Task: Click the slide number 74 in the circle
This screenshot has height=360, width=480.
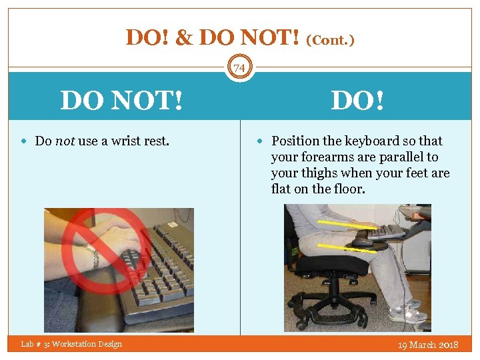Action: [239, 68]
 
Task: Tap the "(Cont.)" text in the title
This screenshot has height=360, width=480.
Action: [330, 40]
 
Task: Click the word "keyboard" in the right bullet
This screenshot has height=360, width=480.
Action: [377, 141]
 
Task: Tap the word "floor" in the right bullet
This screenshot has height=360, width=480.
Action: [348, 189]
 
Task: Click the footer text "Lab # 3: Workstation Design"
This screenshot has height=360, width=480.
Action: [71, 344]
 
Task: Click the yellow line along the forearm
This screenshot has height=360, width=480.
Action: [340, 223]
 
